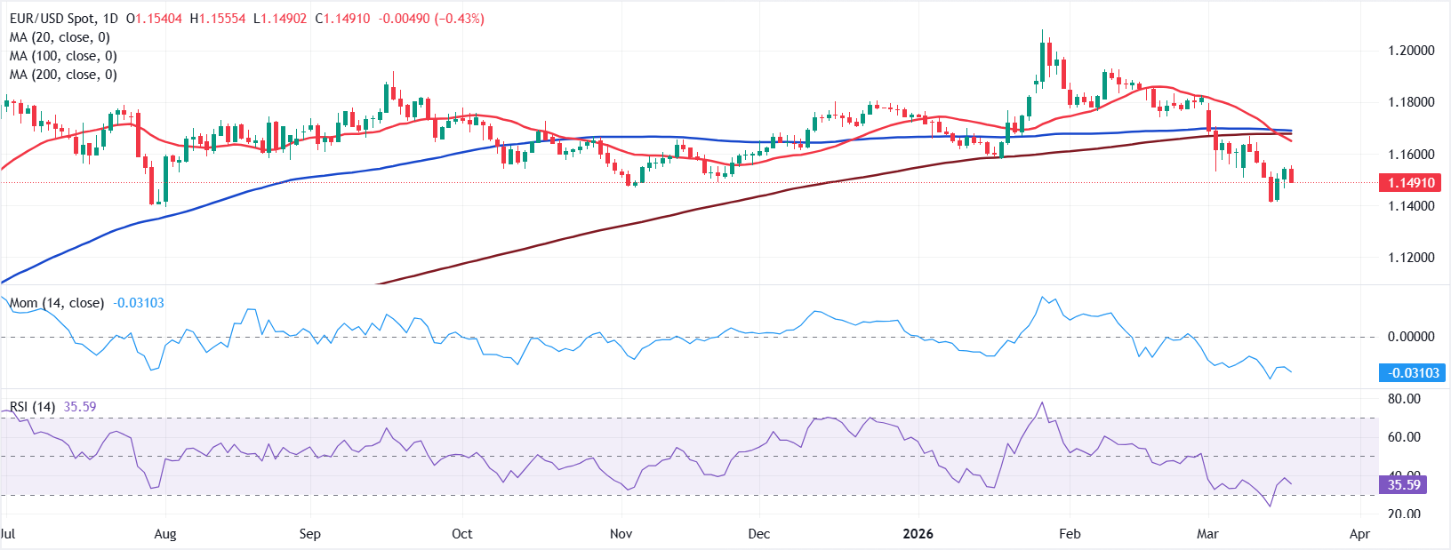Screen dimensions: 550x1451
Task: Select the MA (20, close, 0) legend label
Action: tap(60, 37)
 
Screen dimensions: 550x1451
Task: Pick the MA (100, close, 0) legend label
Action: tap(63, 56)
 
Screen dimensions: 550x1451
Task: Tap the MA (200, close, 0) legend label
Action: tap(63, 75)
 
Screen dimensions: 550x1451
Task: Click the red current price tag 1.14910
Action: tap(1411, 183)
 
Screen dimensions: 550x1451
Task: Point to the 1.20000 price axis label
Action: tap(1411, 51)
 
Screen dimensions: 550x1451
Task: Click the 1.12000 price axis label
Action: tap(1411, 258)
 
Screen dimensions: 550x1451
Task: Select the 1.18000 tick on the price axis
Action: tap(1411, 102)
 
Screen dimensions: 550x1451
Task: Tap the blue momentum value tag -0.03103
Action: tap(1411, 373)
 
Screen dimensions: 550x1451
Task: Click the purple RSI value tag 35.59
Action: tap(1404, 485)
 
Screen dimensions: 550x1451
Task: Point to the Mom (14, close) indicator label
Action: tap(57, 303)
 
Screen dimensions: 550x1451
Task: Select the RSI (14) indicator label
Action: tap(32, 407)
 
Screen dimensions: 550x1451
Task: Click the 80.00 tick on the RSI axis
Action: tap(1404, 399)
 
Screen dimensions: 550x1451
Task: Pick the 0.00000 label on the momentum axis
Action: tap(1411, 337)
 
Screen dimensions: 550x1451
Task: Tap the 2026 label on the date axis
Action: tap(918, 534)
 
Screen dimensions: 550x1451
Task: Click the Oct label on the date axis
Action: tap(461, 534)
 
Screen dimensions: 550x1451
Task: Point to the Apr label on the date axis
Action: tap(1359, 534)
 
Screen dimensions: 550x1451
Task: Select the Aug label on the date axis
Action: tap(165, 534)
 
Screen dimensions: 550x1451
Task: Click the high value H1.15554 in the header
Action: tap(218, 19)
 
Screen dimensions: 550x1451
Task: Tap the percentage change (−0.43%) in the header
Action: tap(460, 19)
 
